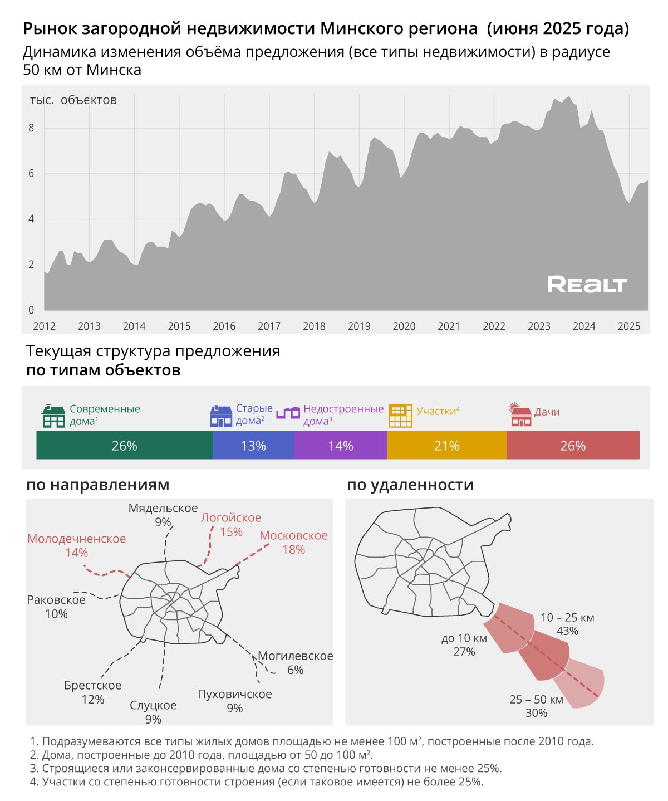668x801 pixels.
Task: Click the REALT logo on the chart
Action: [587, 284]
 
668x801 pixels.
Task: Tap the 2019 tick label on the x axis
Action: [359, 326]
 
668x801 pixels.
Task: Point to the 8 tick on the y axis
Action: [31, 128]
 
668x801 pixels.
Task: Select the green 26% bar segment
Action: [124, 446]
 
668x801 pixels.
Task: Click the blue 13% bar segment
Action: [253, 446]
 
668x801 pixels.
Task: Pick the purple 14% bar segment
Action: [340, 446]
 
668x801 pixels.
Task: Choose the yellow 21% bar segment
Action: [446, 446]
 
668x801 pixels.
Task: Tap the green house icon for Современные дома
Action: [53, 416]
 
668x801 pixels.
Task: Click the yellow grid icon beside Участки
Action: [400, 416]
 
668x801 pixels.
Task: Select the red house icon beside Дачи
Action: [521, 414]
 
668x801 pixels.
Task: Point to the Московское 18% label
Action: [293, 543]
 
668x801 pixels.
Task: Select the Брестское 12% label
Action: [92, 692]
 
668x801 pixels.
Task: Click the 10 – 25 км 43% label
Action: [567, 624]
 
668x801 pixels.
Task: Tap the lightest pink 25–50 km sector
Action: [587, 682]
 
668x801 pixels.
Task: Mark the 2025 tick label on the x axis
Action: [629, 326]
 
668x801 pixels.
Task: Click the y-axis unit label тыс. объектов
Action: [73, 100]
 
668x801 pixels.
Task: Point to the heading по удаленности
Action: [410, 485]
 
